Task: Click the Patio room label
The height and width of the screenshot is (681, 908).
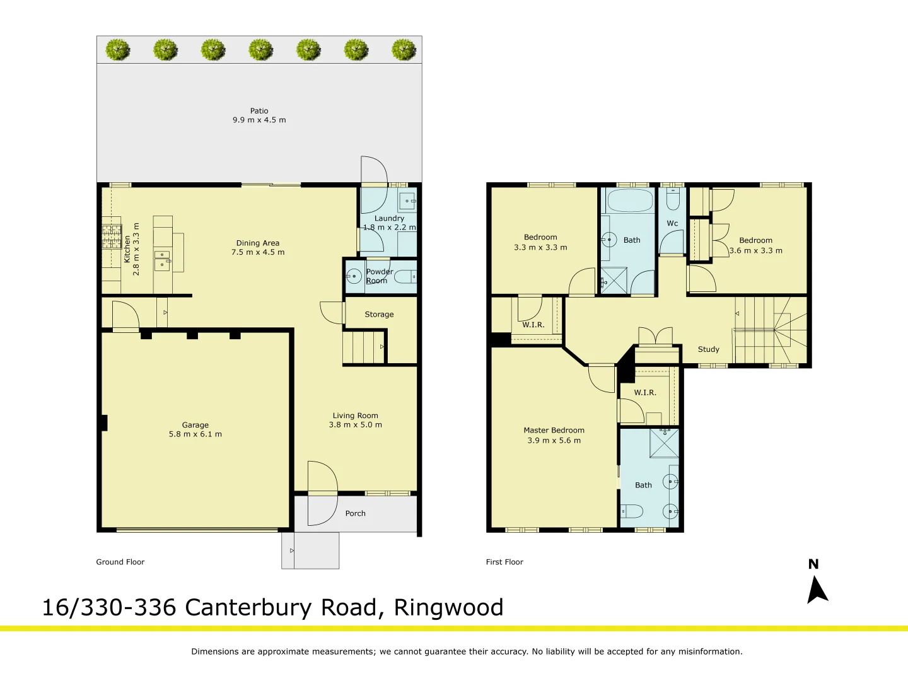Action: point(259,111)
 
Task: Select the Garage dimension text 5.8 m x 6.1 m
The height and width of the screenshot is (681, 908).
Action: point(195,434)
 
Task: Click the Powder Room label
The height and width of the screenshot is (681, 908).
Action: point(379,276)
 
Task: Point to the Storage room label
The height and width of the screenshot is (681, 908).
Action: point(379,314)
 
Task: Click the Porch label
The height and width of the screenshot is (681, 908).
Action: point(355,513)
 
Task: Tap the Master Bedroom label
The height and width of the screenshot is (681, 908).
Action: point(554,430)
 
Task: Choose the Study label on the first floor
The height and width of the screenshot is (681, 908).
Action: point(708,349)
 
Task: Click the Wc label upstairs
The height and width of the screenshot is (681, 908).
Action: point(672,223)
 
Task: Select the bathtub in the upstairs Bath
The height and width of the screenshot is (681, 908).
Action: point(630,201)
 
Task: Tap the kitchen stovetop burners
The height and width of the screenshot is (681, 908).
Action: point(112,236)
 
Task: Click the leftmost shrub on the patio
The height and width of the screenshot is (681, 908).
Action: point(118,50)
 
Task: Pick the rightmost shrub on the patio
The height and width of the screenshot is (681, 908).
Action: point(404,50)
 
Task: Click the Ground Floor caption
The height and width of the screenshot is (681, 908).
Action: point(120,562)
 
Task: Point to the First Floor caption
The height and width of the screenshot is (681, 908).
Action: point(504,562)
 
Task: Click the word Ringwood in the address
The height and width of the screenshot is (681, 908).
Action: point(448,607)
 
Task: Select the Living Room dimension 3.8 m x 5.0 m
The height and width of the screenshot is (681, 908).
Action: point(355,425)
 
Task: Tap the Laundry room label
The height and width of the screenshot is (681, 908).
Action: point(389,218)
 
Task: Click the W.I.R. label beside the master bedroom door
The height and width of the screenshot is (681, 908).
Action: point(645,392)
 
